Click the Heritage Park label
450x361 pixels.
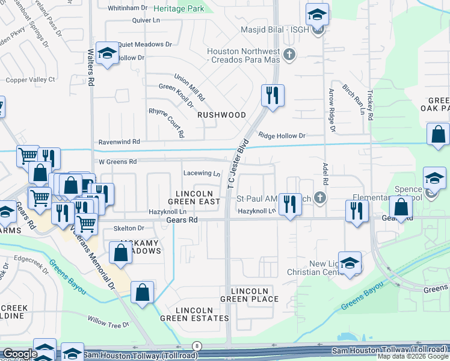(x=179, y=8)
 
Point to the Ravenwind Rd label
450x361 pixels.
(x=119, y=142)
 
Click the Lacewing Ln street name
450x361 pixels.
(x=202, y=173)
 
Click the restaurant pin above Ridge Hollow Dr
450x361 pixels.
(x=273, y=95)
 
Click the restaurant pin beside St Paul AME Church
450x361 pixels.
(x=291, y=205)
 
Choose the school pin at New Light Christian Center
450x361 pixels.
(x=350, y=262)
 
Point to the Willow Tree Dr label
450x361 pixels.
(x=109, y=325)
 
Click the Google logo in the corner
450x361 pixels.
(x=19, y=354)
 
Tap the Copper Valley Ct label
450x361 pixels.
(x=31, y=79)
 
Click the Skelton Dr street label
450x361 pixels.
(x=129, y=229)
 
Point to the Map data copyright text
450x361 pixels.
(x=413, y=356)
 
